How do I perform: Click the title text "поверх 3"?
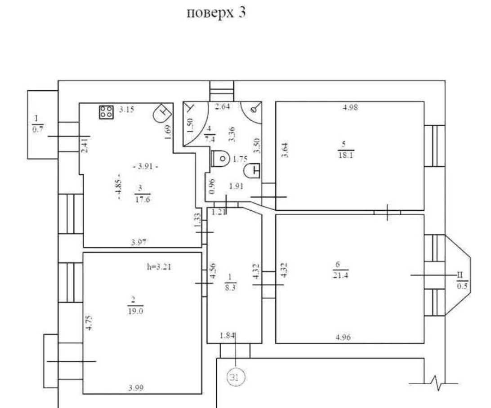click(x=216, y=13)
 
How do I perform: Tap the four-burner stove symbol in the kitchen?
click(x=106, y=112)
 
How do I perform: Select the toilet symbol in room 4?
click(x=220, y=159)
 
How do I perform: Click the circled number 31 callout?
click(x=235, y=377)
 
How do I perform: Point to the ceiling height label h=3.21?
click(x=159, y=267)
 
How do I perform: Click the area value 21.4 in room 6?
click(x=340, y=275)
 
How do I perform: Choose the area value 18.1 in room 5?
click(x=346, y=155)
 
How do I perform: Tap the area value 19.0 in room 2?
click(x=135, y=311)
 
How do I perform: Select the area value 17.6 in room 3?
click(x=143, y=200)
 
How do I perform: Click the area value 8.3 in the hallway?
click(x=230, y=288)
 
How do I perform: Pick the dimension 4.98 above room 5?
click(x=350, y=107)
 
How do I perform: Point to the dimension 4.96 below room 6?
click(x=343, y=337)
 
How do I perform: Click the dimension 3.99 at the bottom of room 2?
click(x=136, y=388)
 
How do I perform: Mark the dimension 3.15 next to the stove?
click(x=126, y=110)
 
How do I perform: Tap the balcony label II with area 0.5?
click(x=462, y=281)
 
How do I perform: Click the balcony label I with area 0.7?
click(x=37, y=124)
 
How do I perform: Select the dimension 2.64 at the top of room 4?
click(x=222, y=106)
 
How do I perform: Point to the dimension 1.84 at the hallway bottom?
click(x=227, y=336)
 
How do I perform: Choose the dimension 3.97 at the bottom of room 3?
click(x=139, y=242)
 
